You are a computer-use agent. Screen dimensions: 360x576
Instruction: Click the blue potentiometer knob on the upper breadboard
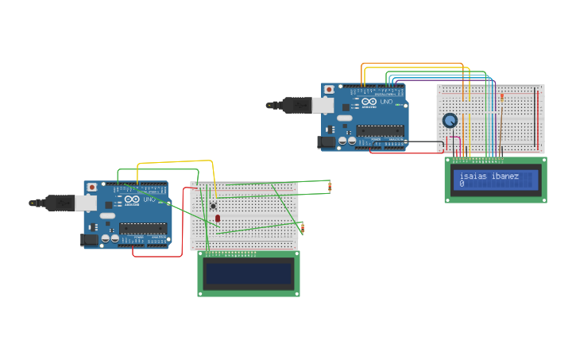tap(450, 121)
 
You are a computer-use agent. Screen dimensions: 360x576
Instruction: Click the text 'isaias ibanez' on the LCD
tap(489, 176)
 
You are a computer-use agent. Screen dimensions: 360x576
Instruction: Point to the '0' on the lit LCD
tap(462, 184)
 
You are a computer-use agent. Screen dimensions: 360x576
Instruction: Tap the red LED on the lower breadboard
tap(218, 218)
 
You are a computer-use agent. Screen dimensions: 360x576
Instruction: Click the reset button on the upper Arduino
tap(329, 90)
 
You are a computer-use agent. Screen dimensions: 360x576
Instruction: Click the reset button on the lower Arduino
tap(92, 188)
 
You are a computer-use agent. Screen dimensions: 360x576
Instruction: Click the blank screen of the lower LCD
tap(249, 273)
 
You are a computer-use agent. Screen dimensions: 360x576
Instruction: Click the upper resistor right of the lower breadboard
tap(330, 187)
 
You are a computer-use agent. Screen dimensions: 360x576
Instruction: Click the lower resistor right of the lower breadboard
tap(303, 229)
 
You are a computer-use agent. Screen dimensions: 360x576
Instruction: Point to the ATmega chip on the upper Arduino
tap(381, 130)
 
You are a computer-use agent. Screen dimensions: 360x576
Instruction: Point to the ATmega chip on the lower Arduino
tap(143, 228)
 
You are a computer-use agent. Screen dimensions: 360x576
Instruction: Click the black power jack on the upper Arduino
tap(325, 142)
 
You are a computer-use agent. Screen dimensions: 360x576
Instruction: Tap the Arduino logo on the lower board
tap(130, 199)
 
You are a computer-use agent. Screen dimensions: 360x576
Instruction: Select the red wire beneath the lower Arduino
tap(151, 256)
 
